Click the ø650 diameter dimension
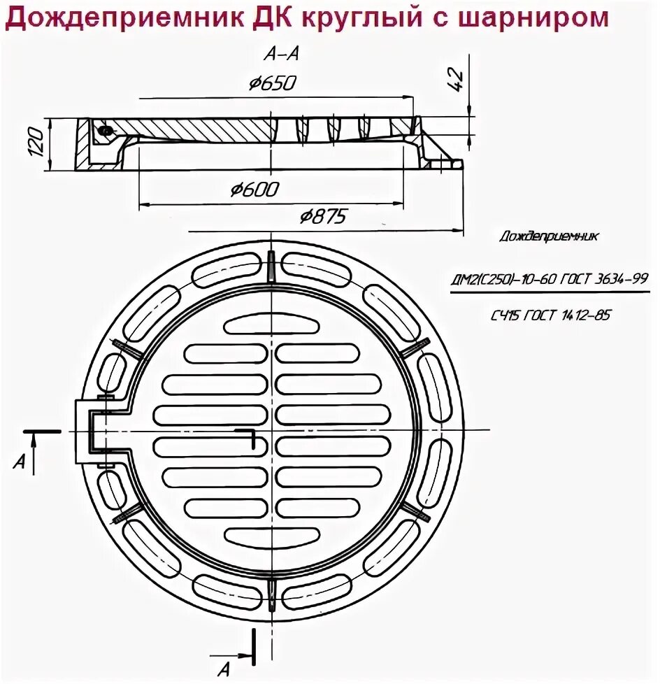coord(273,85)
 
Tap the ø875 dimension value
coord(322,217)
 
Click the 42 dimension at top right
coord(455,79)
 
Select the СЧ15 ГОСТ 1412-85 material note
coord(550,315)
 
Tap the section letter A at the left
coord(21,460)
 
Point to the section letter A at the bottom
coord(224,670)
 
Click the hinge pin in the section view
coord(105,131)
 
